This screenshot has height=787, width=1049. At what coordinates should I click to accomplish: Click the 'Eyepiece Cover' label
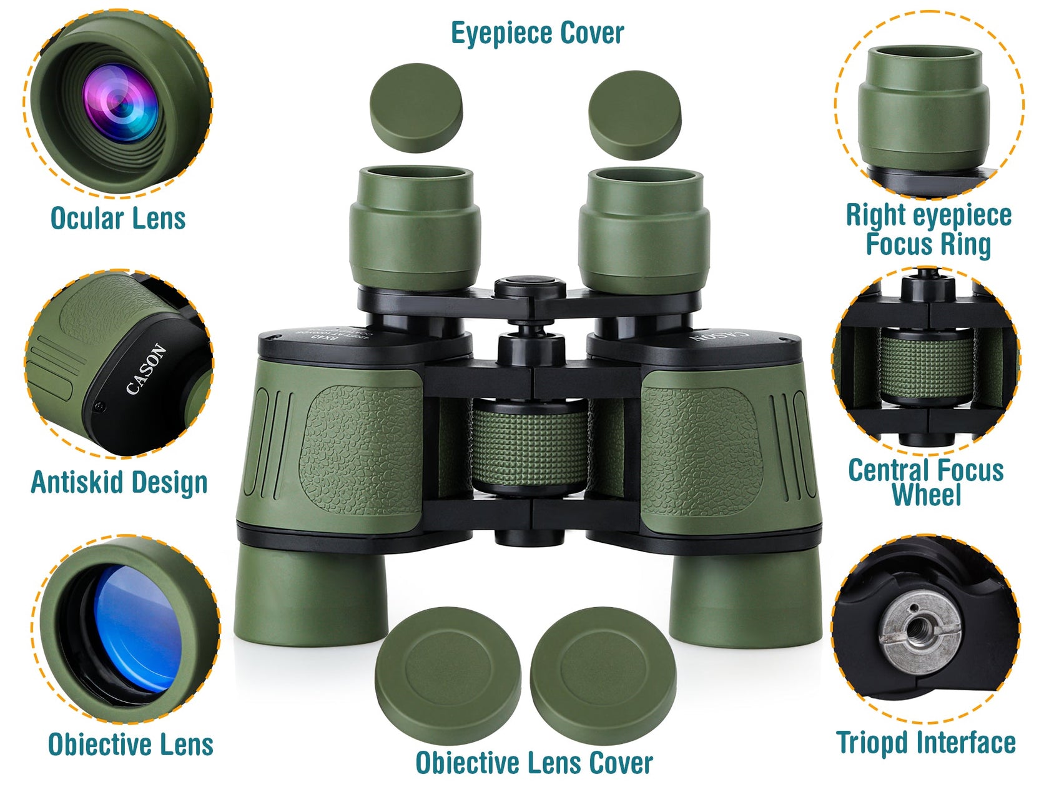(537, 33)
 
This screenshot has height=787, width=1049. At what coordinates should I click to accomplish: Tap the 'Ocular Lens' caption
(118, 219)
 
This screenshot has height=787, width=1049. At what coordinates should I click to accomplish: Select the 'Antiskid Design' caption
(119, 482)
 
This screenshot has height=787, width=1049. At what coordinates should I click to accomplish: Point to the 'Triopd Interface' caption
(925, 743)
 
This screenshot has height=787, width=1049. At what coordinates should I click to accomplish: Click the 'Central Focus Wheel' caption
(925, 482)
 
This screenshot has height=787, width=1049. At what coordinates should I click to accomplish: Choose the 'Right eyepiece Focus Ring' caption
(928, 229)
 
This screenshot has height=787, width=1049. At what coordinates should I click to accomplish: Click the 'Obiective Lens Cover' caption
(534, 763)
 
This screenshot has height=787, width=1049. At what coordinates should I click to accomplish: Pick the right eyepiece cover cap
(634, 114)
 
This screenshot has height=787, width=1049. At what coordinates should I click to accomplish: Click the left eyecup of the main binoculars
(414, 228)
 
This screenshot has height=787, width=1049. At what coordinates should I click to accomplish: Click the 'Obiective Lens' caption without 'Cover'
(131, 745)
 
